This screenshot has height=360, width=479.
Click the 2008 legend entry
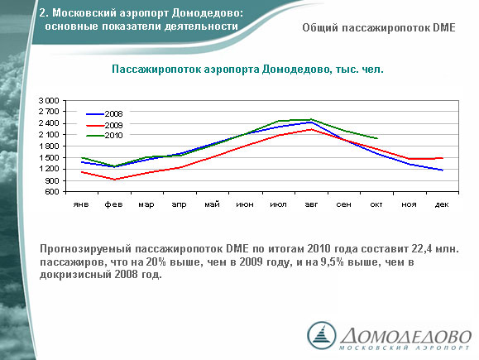[104, 114]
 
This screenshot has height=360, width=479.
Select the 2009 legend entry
[104, 125]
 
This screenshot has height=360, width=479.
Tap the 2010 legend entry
[104, 136]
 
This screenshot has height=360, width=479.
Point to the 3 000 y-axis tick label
[49, 100]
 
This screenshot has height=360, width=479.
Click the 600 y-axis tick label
[53, 192]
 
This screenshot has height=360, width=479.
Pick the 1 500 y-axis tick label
[49, 158]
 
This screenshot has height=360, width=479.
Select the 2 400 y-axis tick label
[49, 123]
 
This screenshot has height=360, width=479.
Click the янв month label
[81, 204]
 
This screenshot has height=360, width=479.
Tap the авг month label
[311, 204]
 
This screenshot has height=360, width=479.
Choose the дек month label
[442, 204]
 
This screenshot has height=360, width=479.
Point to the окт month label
[376, 204]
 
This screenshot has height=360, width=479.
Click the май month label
[212, 204]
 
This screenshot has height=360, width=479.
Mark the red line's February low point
[114, 180]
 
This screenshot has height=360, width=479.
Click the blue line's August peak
[311, 122]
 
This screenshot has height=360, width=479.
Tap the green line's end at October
[377, 138]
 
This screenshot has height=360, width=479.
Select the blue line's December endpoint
[443, 170]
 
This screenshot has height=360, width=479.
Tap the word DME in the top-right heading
[444, 28]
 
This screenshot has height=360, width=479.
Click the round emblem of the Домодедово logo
[321, 335]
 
